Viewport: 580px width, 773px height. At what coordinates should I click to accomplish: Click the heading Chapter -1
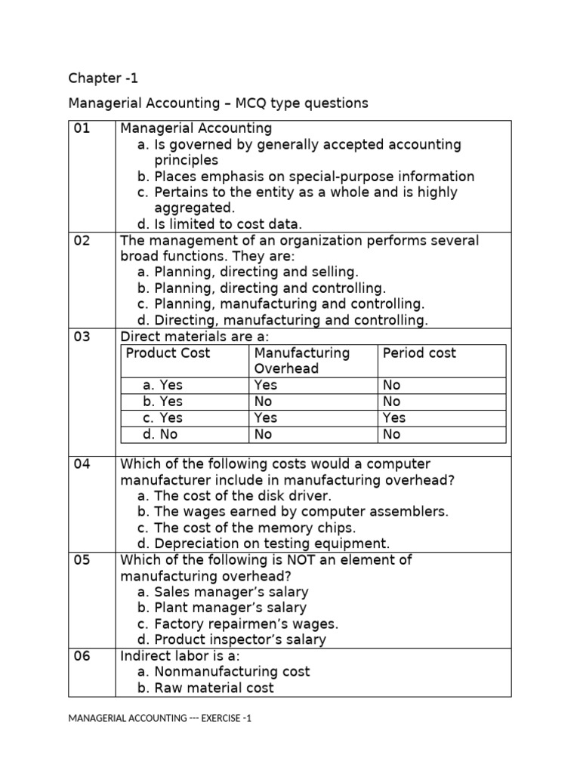point(103,79)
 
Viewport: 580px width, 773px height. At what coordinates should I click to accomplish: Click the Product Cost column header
point(168,353)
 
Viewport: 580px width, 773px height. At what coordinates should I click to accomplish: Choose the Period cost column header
point(419,353)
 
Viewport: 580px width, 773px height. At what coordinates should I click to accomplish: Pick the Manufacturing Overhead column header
point(302,361)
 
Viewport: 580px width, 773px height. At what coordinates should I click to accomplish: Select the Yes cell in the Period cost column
point(394,417)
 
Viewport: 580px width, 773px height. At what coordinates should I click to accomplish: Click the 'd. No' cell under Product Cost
point(162,434)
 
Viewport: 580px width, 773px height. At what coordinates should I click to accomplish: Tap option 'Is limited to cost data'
point(220,223)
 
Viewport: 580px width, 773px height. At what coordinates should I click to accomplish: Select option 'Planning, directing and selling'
point(248,272)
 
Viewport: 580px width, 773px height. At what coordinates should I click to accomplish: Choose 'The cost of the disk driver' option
point(235,496)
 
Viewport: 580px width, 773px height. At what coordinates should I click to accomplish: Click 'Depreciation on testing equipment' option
point(264,544)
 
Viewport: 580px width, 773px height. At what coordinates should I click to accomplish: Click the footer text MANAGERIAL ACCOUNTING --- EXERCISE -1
point(159,718)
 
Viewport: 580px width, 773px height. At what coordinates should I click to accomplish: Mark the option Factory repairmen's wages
point(238,624)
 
